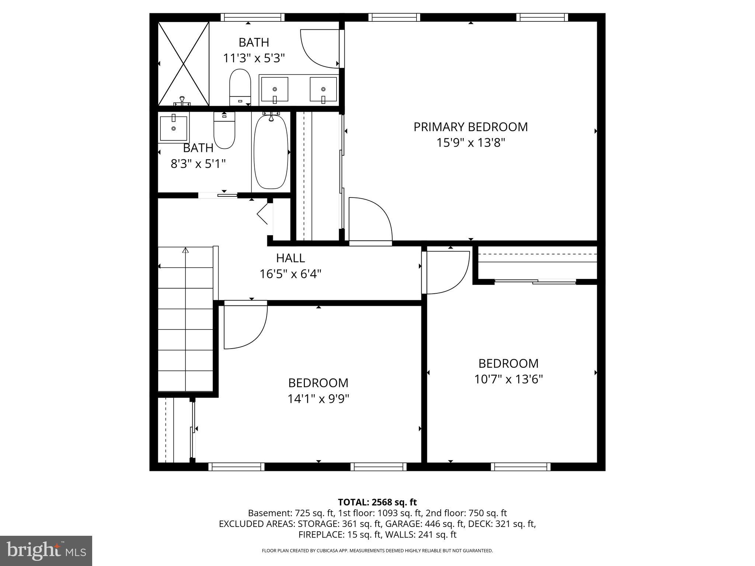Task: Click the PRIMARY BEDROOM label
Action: tap(470, 127)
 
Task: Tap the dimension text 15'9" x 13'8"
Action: tap(470, 143)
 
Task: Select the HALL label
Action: tap(290, 258)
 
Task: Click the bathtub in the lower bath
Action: tap(271, 152)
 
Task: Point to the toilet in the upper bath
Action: tap(240, 87)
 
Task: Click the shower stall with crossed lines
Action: tap(183, 64)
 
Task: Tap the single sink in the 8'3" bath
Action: tap(173, 128)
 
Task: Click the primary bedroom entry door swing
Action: tap(369, 219)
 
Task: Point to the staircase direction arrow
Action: tap(185, 251)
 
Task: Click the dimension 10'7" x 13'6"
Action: tap(508, 379)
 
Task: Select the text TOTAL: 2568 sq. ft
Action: tap(377, 502)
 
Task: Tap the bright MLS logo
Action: tap(46, 551)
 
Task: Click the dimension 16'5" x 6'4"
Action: tap(290, 274)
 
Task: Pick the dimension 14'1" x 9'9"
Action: tap(318, 399)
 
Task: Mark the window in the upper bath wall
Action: tap(253, 17)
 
